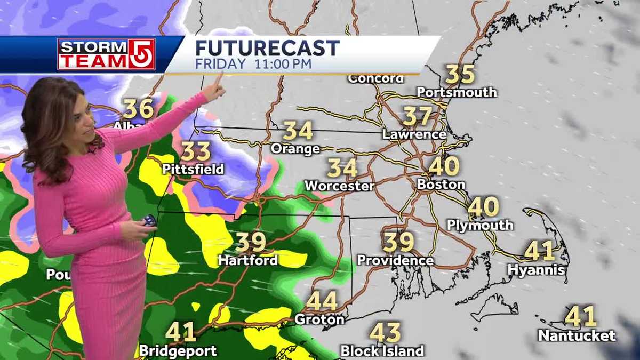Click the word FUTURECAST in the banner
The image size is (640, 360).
tap(267, 48)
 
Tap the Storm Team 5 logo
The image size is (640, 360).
tap(106, 54)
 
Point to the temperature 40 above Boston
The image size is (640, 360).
tap(444, 166)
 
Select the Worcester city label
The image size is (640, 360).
tap(340, 186)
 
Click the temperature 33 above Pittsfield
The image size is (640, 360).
tap(196, 151)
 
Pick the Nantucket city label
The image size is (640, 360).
tap(577, 336)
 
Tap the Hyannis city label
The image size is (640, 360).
tap(536, 270)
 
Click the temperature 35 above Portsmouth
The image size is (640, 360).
tap(460, 74)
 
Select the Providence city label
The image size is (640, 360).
tap(395, 260)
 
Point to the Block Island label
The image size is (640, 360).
tap(382, 350)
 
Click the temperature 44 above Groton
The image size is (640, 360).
tap(322, 301)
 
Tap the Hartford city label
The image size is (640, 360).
tap(248, 260)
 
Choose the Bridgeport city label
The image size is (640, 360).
tap(178, 351)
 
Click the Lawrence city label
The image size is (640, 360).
tap(414, 134)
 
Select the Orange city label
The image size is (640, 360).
tap(295, 149)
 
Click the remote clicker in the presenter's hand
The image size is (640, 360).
tap(149, 220)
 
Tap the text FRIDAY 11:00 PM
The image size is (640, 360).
tap(253, 64)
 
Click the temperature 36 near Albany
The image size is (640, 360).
tap(139, 109)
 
